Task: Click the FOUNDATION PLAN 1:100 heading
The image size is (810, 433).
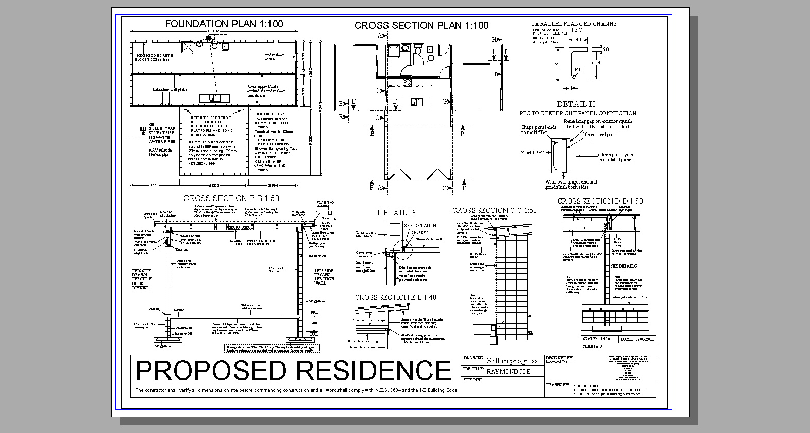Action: click(224, 24)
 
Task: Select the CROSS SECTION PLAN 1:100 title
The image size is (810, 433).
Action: click(421, 25)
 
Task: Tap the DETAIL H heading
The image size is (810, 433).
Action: click(576, 104)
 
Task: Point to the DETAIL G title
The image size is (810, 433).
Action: click(395, 212)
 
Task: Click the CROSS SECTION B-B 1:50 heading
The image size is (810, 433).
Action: click(231, 198)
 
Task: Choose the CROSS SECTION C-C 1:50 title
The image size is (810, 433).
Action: click(494, 210)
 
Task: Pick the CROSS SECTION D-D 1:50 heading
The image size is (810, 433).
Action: click(600, 201)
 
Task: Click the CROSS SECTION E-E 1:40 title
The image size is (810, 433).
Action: click(395, 297)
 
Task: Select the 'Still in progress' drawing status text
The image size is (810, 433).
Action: click(512, 361)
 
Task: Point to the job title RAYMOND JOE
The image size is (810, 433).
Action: click(508, 371)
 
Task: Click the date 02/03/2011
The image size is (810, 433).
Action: click(644, 339)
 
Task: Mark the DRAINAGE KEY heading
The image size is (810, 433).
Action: click(268, 114)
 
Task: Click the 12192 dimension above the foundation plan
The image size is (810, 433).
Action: click(213, 32)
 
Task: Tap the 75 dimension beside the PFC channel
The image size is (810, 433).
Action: click(558, 65)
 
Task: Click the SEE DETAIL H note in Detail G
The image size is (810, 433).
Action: click(420, 226)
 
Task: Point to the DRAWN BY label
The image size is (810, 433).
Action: click(559, 385)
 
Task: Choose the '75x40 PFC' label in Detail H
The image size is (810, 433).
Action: click(532, 153)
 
